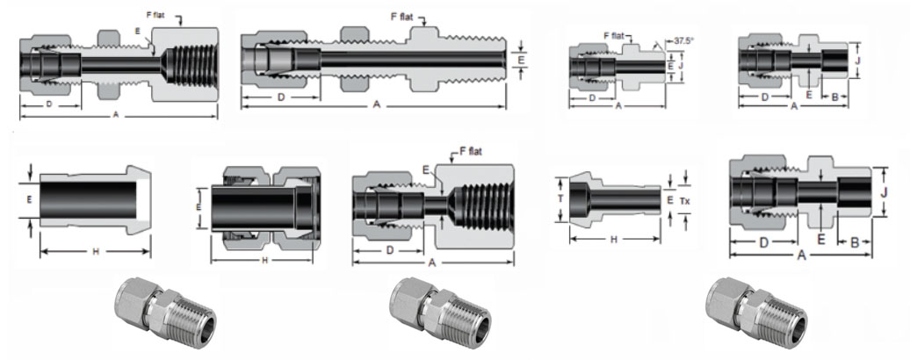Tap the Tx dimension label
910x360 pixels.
click(x=686, y=201)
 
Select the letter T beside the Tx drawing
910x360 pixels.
click(x=560, y=200)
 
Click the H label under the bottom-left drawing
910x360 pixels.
click(x=95, y=252)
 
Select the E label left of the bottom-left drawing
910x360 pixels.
click(x=29, y=200)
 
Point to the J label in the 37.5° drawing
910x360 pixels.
click(x=681, y=65)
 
